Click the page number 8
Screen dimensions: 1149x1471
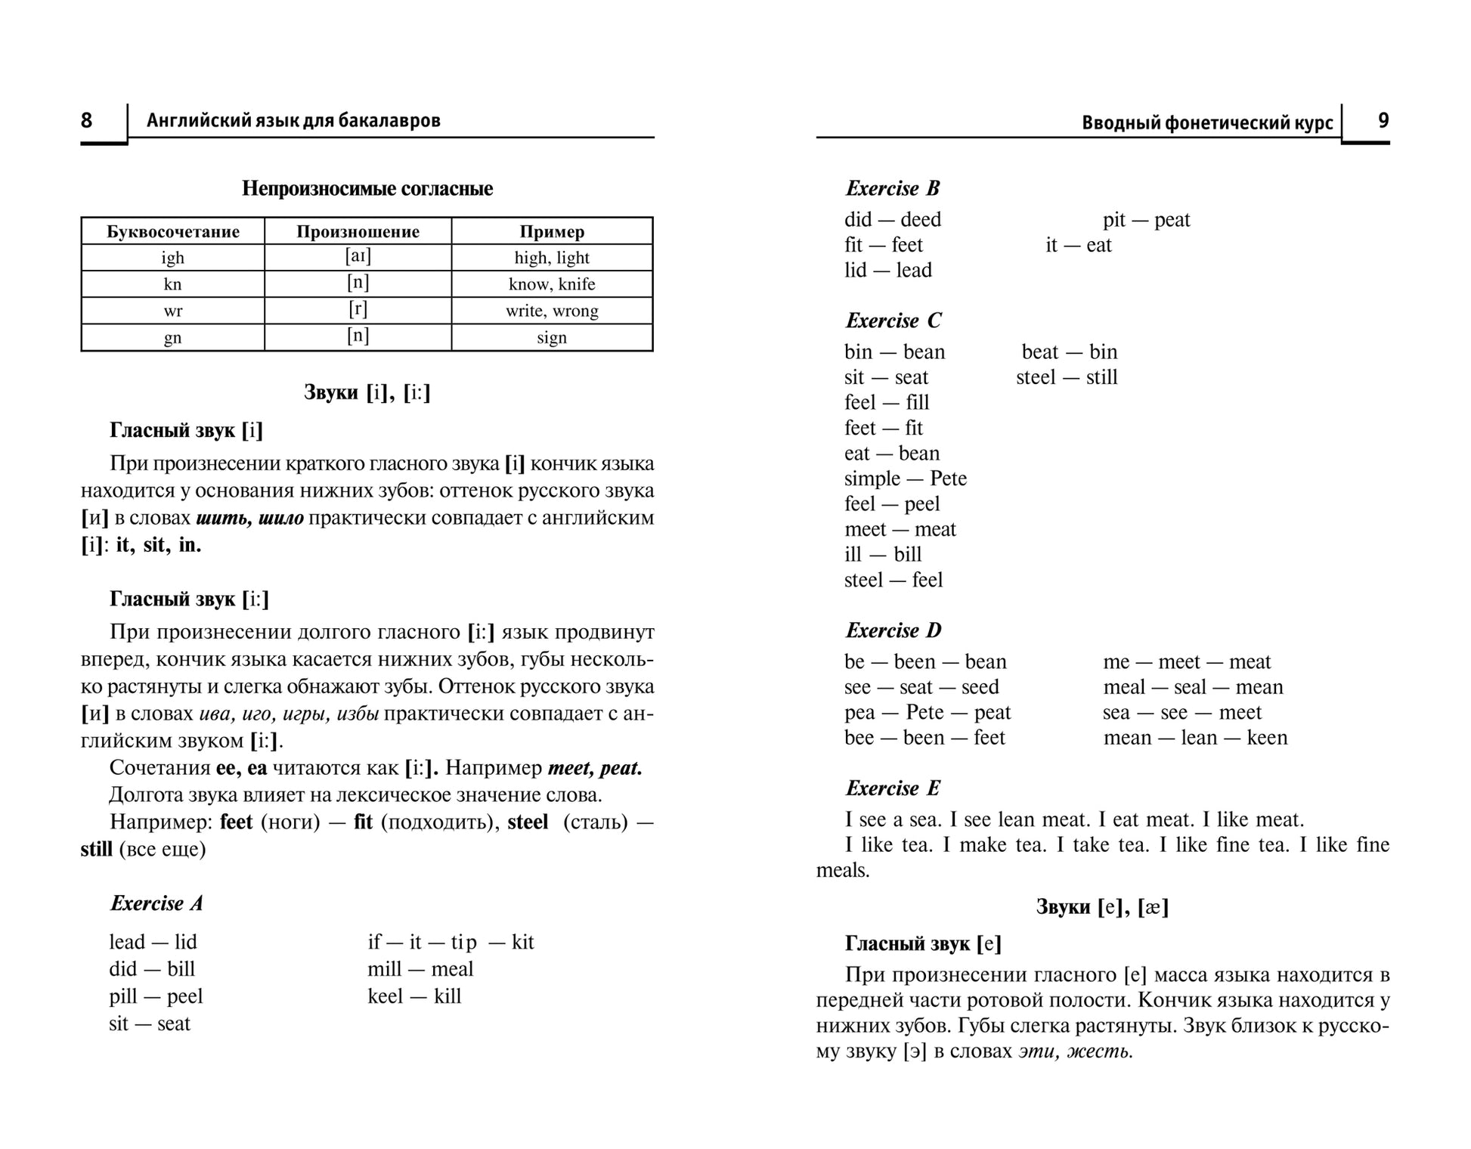coord(87,120)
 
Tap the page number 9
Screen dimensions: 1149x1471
coord(1383,120)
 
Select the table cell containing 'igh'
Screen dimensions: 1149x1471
coord(172,258)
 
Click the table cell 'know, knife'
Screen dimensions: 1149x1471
coord(552,284)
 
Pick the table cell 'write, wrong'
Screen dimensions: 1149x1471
coord(552,311)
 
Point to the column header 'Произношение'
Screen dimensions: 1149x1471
coord(358,231)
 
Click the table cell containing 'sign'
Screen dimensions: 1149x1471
coord(552,338)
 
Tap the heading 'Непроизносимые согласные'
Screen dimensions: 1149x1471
coord(367,188)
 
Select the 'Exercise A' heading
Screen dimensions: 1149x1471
coord(156,903)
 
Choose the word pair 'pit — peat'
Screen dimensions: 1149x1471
coord(1146,220)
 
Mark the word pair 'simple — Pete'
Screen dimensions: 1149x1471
coord(905,478)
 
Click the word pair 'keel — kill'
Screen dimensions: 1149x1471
coord(414,996)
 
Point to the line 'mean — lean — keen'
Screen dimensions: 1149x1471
coord(1195,738)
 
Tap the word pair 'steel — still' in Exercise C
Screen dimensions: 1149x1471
coord(1067,377)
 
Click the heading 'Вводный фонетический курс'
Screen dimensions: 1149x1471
coord(1207,122)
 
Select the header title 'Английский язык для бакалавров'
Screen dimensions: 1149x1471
coord(293,121)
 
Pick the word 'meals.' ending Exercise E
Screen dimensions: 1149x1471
coord(843,870)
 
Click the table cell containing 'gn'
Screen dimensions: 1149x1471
coord(172,338)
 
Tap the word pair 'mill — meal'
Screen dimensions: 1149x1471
coord(420,969)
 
